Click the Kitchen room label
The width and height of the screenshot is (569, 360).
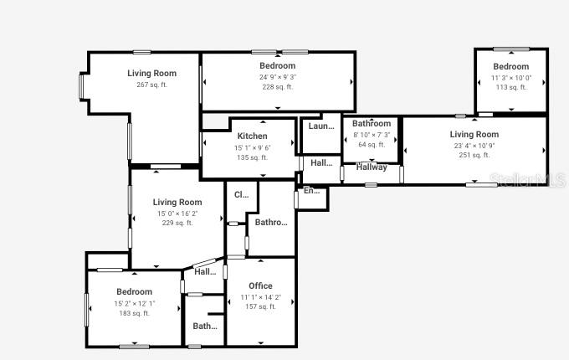[252, 136]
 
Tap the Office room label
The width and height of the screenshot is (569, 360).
[260, 286]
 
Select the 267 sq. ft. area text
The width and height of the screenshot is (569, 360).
[151, 85]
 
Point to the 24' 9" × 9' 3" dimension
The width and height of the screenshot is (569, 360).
[277, 77]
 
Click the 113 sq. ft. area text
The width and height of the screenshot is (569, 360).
[510, 87]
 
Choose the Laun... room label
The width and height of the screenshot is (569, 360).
[321, 126]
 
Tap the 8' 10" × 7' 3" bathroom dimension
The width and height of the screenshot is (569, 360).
[372, 134]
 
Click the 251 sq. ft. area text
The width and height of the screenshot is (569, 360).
[474, 155]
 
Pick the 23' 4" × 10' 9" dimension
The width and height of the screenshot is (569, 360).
[474, 145]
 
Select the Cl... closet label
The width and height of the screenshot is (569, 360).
[241, 194]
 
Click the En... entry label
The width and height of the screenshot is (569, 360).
[311, 191]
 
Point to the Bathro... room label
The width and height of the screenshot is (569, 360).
[271, 223]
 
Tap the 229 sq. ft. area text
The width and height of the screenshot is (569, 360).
[177, 223]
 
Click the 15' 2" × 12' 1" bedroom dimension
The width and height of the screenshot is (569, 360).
[134, 303]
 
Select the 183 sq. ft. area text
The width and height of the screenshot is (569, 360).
[134, 313]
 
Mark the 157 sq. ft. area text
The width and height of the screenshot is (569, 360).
[260, 306]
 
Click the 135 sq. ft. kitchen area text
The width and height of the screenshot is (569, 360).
[252, 157]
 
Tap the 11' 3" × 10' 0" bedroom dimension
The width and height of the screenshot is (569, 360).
[510, 77]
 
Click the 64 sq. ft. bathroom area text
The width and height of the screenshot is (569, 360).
[372, 144]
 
